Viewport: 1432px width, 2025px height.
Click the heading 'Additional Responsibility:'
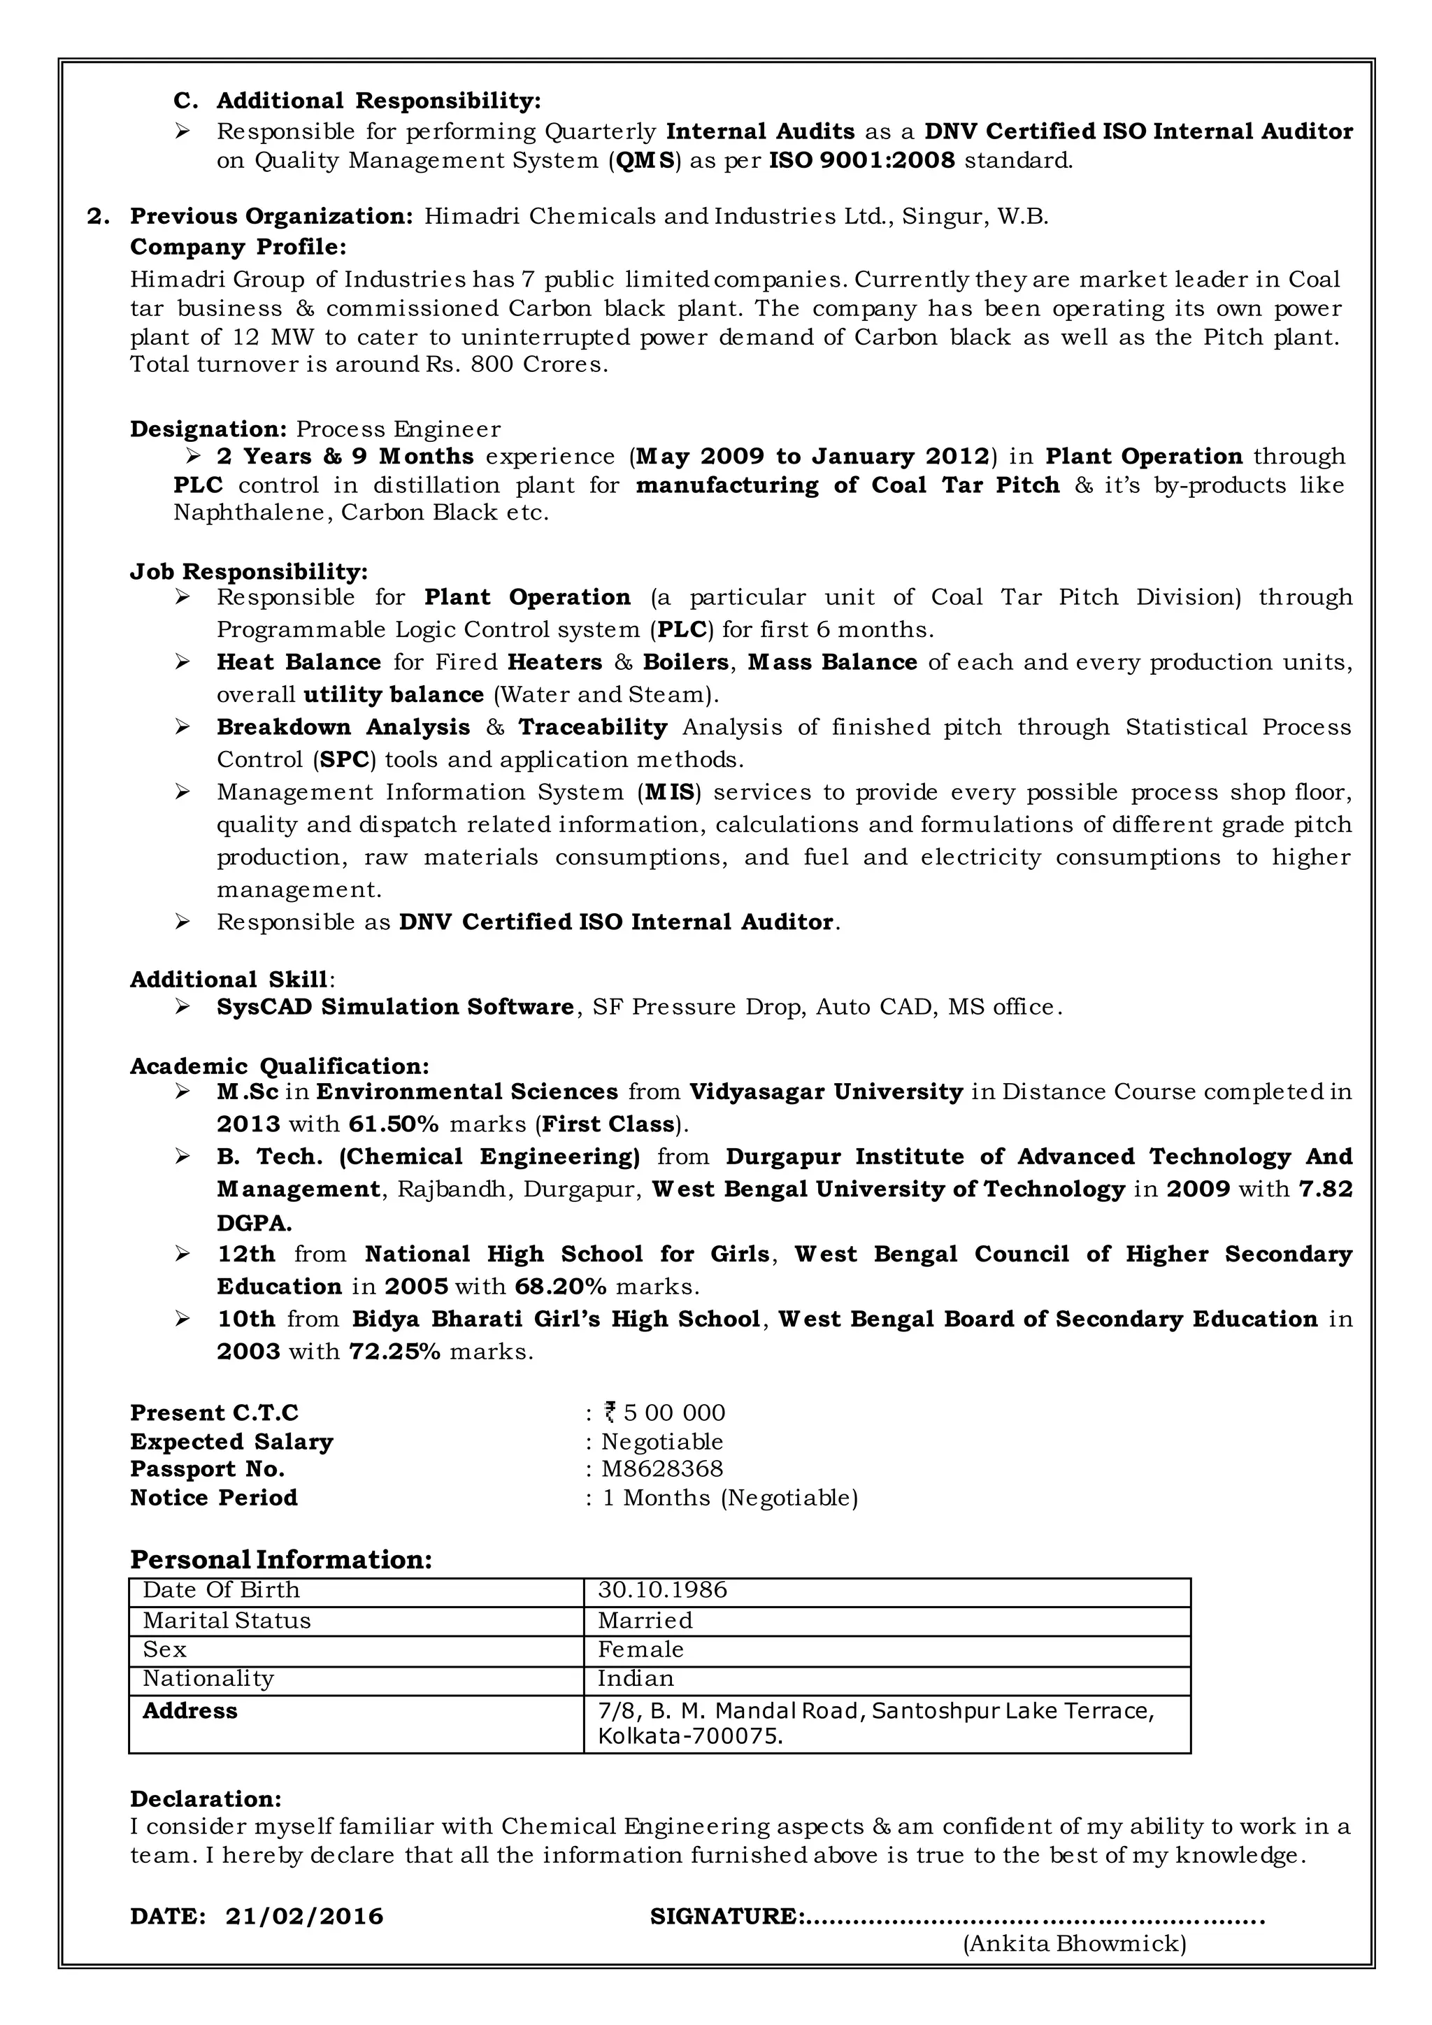click(378, 101)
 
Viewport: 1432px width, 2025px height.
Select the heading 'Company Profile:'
click(238, 246)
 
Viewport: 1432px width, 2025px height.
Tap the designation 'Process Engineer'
click(398, 429)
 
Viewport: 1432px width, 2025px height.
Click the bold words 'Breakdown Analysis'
click(343, 728)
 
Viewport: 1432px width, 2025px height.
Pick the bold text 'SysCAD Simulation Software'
click(395, 1007)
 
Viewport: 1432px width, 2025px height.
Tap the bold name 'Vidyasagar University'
click(825, 1092)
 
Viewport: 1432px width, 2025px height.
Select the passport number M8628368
click(661, 1469)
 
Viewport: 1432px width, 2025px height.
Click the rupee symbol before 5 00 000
click(609, 1413)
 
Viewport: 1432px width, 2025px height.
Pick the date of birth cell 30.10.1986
click(662, 1590)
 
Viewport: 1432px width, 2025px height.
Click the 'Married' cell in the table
click(645, 1621)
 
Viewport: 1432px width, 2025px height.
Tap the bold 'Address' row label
click(189, 1711)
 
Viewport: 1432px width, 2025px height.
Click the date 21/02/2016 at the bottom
click(304, 1917)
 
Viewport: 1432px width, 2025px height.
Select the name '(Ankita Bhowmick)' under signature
click(1074, 1944)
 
